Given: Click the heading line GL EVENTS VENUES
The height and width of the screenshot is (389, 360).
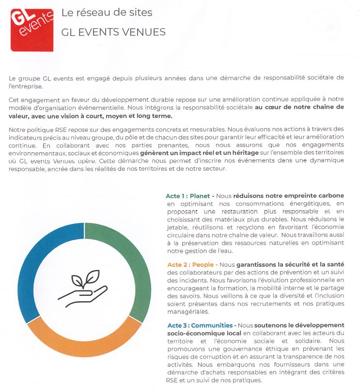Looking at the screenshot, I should [x=113, y=32].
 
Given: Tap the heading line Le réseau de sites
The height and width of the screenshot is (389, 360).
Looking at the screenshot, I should [x=107, y=13].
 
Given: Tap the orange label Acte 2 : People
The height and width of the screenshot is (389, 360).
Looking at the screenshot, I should [x=190, y=265].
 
